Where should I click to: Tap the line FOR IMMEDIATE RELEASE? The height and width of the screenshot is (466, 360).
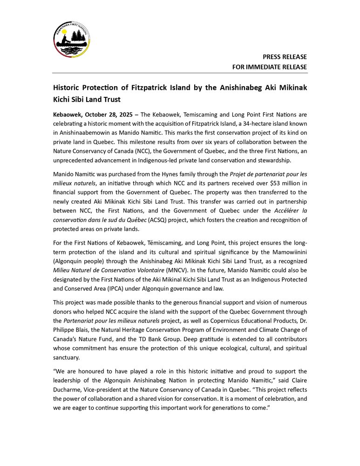[270, 67]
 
